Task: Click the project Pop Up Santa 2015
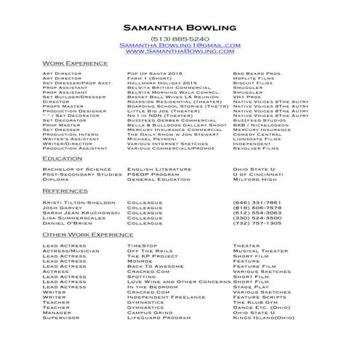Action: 155,73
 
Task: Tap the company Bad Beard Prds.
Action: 257,73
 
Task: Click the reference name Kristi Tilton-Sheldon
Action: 79,201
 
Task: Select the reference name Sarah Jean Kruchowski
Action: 79,211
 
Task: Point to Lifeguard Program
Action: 159,318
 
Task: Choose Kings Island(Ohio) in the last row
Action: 264,318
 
